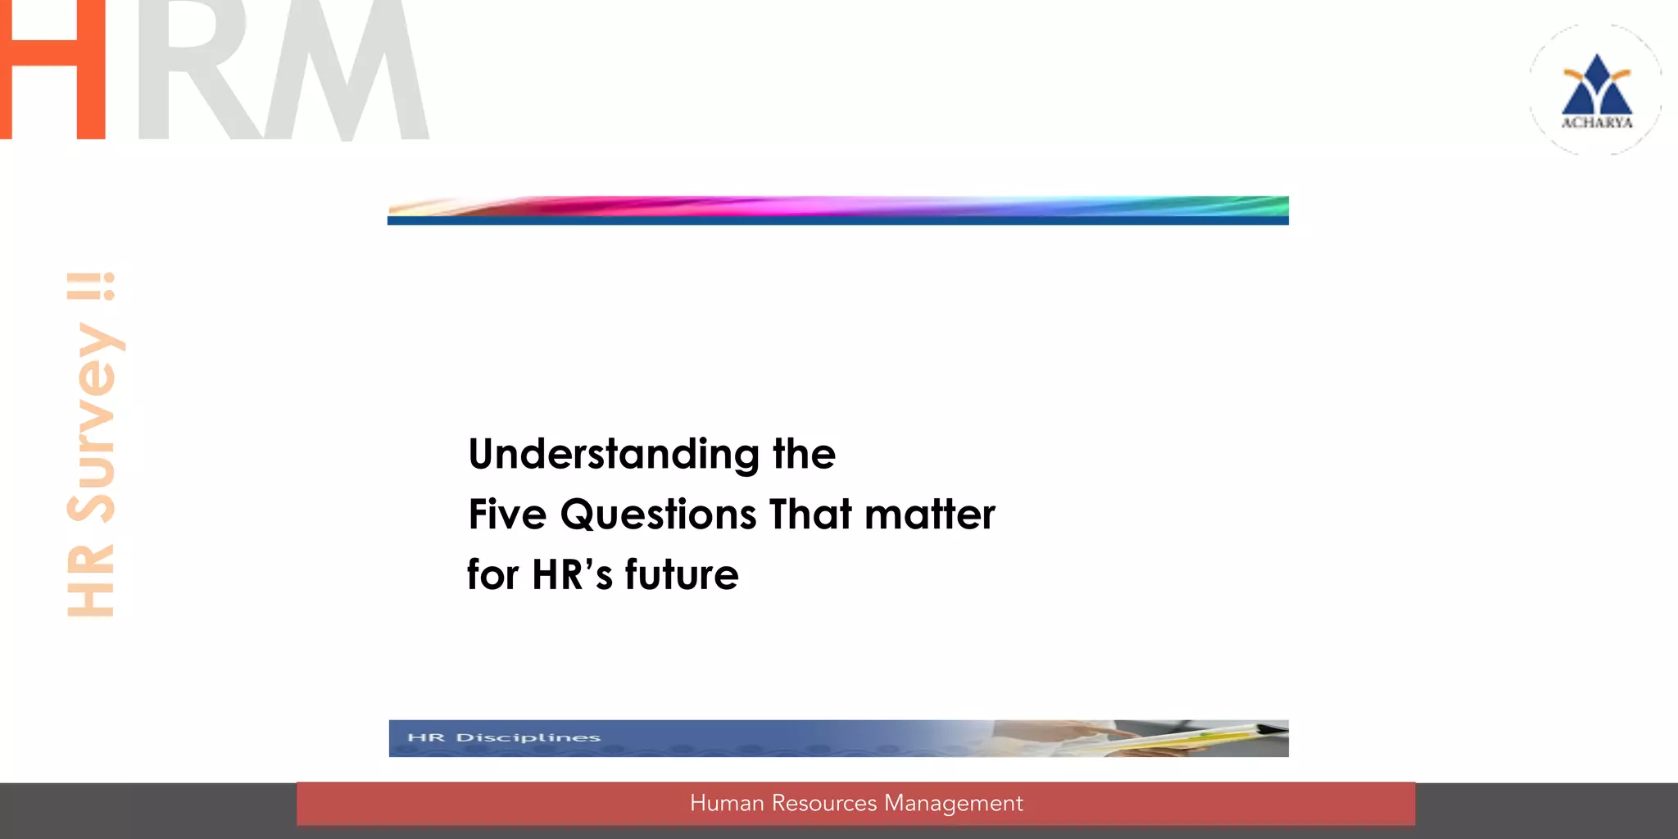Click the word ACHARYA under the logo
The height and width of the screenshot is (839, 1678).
pyautogui.click(x=1596, y=123)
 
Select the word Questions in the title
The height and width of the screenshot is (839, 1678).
pyautogui.click(x=658, y=515)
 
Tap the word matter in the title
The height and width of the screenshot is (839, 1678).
pyautogui.click(x=929, y=515)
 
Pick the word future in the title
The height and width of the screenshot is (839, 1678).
pyautogui.click(x=681, y=574)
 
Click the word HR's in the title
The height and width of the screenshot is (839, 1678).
pyautogui.click(x=572, y=574)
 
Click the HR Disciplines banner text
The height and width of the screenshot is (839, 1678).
pyautogui.click(x=504, y=737)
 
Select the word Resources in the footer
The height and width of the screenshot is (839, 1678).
pyautogui.click(x=823, y=803)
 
